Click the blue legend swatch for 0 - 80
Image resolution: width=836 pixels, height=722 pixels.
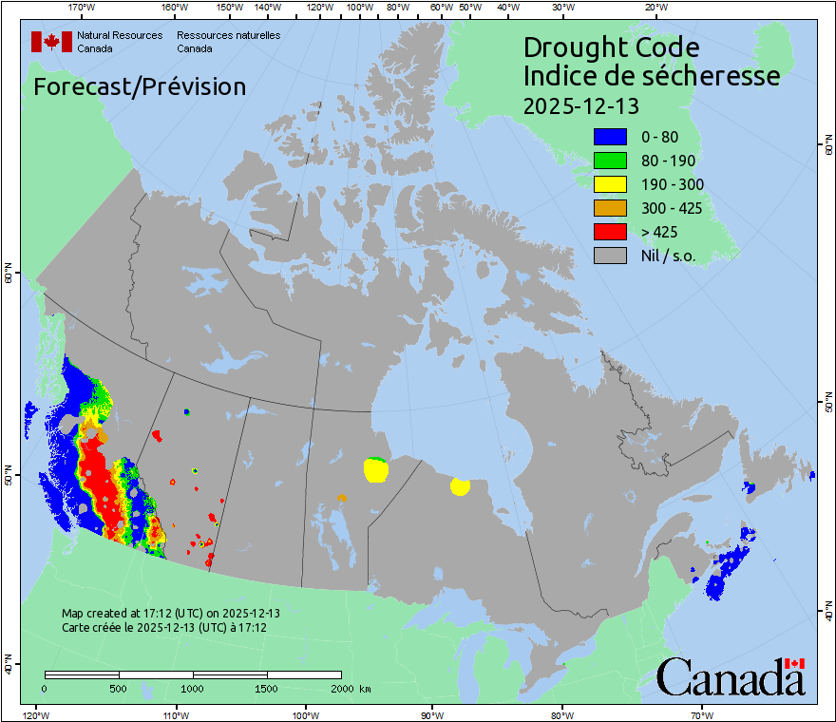click(610, 137)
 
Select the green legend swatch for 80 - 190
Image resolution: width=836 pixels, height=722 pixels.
click(610, 161)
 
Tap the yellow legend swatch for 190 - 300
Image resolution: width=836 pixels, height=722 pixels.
click(610, 184)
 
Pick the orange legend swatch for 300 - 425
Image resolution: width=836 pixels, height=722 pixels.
click(610, 208)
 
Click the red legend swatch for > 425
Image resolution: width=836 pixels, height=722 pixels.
click(610, 232)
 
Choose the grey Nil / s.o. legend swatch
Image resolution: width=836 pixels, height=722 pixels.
click(610, 256)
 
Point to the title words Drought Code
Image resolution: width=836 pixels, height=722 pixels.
click(611, 47)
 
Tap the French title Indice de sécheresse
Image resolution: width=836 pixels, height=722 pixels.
click(651, 76)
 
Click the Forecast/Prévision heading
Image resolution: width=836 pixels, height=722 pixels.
click(140, 86)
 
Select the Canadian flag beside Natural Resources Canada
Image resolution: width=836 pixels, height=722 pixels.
click(51, 41)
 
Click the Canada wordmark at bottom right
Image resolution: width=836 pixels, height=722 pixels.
click(731, 676)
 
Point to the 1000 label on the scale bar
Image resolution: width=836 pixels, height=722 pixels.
click(193, 688)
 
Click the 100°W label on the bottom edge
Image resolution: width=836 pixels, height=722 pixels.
click(305, 713)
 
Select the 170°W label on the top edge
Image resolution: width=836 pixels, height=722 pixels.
click(82, 9)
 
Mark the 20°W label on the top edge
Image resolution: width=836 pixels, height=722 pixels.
click(654, 9)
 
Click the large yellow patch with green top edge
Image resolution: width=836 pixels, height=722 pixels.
click(376, 469)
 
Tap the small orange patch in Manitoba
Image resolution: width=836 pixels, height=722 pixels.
click(342, 497)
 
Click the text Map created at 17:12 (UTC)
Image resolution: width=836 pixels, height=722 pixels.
click(170, 614)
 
